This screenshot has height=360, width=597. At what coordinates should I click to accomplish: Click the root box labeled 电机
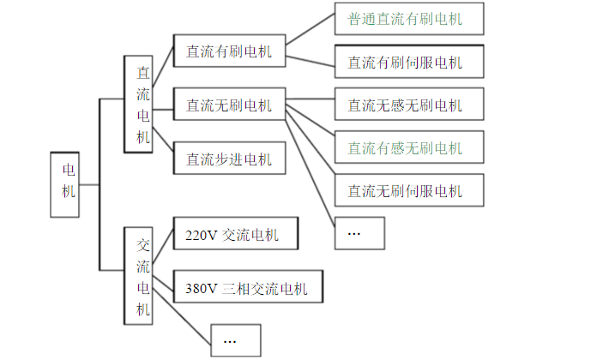click(x=69, y=183)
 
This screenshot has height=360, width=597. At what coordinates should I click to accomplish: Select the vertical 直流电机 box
click(x=139, y=105)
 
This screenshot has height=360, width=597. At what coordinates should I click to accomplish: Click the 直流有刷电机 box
click(x=229, y=52)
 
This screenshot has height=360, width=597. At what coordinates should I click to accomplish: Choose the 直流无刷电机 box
click(x=229, y=105)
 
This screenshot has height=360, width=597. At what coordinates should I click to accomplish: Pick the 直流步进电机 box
click(x=229, y=159)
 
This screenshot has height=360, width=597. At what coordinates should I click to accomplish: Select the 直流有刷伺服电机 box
click(x=408, y=62)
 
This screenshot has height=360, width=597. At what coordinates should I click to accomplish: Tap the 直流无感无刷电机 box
click(x=408, y=105)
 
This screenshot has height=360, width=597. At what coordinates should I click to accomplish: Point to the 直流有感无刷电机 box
click(x=408, y=147)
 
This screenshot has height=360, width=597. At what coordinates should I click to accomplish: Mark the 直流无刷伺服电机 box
click(x=408, y=189)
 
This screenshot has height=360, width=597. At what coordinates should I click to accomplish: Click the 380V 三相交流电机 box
click(x=252, y=288)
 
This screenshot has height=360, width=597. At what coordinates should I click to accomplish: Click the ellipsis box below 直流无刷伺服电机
click(x=359, y=232)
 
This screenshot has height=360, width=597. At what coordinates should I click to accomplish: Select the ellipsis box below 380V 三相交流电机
click(x=235, y=339)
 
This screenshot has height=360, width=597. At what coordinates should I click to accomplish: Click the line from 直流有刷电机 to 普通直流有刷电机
click(x=310, y=30)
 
